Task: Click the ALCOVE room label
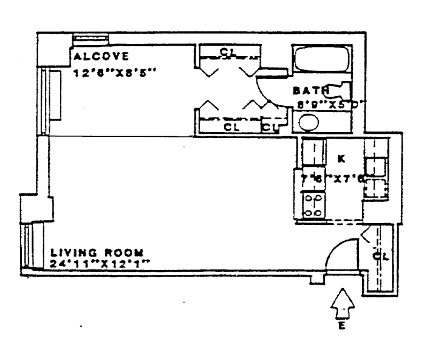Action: tap(101, 58)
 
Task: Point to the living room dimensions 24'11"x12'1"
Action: tap(98, 263)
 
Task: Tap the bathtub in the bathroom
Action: tap(322, 61)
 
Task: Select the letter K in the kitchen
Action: tap(341, 159)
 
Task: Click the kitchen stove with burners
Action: tap(313, 206)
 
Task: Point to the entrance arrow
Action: tap(344, 305)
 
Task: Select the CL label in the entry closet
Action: tap(378, 256)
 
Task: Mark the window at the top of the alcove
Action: tap(91, 40)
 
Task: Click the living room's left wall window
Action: tap(27, 246)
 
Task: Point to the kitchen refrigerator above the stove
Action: tap(313, 152)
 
